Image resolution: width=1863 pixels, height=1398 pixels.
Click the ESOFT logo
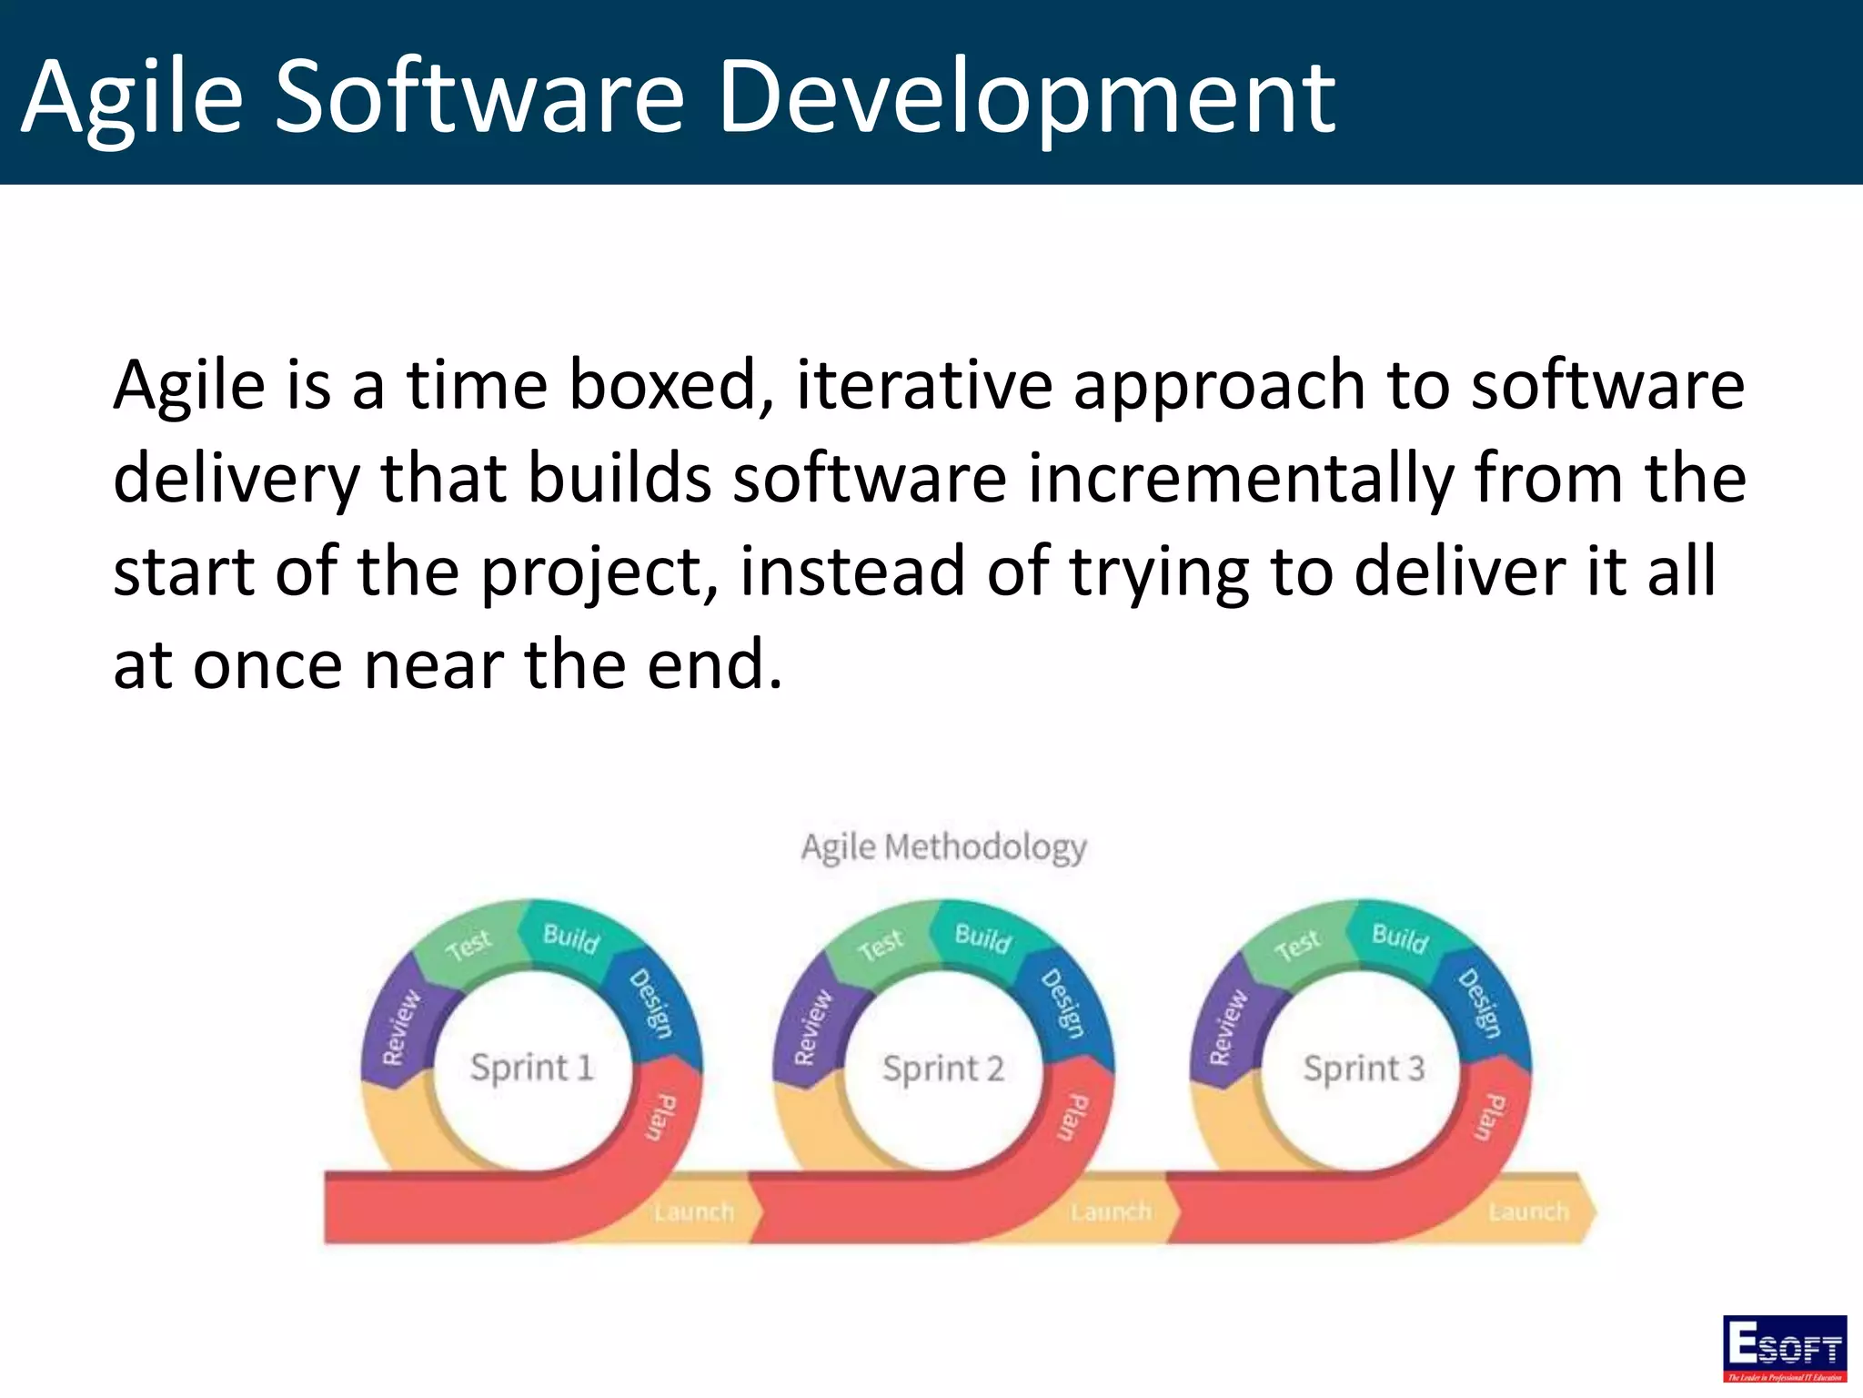point(1784,1348)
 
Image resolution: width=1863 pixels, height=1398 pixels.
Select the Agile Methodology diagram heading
point(943,847)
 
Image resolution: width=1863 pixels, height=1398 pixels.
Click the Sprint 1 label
point(532,1067)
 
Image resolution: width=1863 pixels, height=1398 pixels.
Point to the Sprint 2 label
point(943,1068)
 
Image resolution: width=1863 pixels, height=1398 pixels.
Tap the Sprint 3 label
point(1363,1068)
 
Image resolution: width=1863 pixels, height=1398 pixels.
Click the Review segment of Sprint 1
point(401,1028)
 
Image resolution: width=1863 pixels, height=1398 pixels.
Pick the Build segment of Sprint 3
point(1399,937)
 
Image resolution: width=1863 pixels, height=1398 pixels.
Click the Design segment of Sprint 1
point(651,1004)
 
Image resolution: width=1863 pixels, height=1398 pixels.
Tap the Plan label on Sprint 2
point(1071,1118)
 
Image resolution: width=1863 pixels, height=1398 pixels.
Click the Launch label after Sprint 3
point(1528,1211)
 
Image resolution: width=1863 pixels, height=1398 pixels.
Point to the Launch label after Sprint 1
point(693,1211)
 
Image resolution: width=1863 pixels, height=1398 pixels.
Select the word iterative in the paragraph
point(923,385)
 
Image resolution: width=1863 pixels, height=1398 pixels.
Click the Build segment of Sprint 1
point(570,937)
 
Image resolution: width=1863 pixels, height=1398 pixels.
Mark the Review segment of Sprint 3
point(1228,1028)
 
